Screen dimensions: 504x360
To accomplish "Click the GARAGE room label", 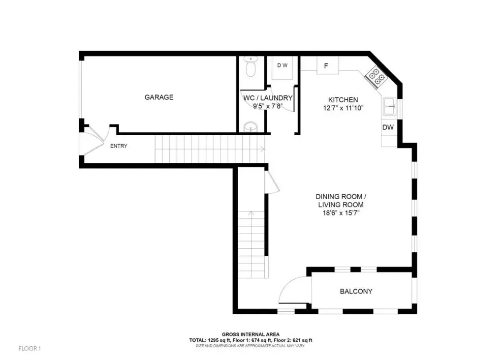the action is pyautogui.click(x=159, y=97).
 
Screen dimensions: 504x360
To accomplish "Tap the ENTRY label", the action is pyautogui.click(x=119, y=146).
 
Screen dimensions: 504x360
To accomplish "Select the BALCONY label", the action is pyautogui.click(x=356, y=291).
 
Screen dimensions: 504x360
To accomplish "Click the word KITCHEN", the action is pyautogui.click(x=343, y=100).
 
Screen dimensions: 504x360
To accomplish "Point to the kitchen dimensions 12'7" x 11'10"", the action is pyautogui.click(x=343, y=108).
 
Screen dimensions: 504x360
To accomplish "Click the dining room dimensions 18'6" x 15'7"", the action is pyautogui.click(x=341, y=213).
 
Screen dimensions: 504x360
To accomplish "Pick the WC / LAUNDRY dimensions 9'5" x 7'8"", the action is pyautogui.click(x=268, y=106).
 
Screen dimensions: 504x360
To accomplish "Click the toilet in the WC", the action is pyautogui.click(x=250, y=67).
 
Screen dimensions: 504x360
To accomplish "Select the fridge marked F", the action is pyautogui.click(x=327, y=66).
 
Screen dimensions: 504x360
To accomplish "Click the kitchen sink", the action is pyautogui.click(x=390, y=106).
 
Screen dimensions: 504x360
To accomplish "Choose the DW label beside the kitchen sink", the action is pyautogui.click(x=388, y=127).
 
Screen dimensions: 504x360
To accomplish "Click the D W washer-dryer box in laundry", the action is pyautogui.click(x=283, y=68).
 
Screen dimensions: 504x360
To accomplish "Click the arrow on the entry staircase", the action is pyautogui.click(x=262, y=149).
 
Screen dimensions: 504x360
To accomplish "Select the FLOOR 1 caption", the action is pyautogui.click(x=30, y=348).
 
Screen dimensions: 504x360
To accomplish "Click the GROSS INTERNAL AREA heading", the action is pyautogui.click(x=251, y=334).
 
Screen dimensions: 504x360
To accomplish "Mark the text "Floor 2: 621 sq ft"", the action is pyautogui.click(x=293, y=340).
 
